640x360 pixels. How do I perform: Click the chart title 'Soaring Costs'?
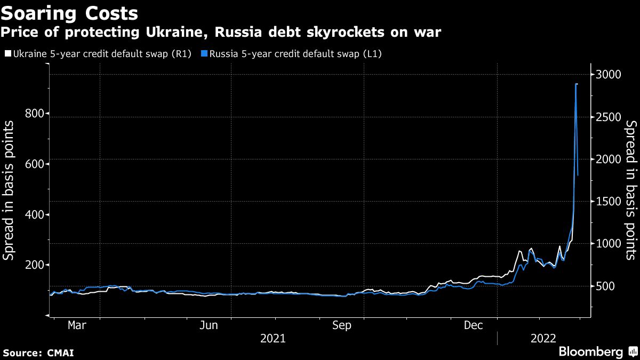pos(69,13)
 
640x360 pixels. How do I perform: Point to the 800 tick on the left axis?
pos(35,114)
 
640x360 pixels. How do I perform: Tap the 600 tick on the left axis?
pos(35,164)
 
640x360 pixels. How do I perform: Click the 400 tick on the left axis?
pos(35,214)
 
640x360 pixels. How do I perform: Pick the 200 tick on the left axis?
pos(35,265)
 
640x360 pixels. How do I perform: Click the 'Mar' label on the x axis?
pos(77,325)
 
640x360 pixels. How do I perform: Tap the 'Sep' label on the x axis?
pos(341,325)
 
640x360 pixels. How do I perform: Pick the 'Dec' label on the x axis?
pos(474,325)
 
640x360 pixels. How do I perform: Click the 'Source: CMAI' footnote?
pos(38,353)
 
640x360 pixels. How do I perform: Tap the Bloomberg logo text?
pos(590,352)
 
